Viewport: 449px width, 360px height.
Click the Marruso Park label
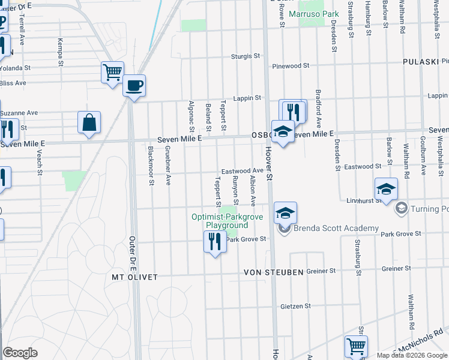pyautogui.click(x=314, y=13)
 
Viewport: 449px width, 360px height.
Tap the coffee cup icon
pyautogui.click(x=134, y=85)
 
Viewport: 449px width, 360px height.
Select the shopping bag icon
pyautogui.click(x=89, y=122)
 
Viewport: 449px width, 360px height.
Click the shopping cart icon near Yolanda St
pyautogui.click(x=112, y=73)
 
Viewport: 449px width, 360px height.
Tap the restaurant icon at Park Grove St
pyautogui.click(x=215, y=242)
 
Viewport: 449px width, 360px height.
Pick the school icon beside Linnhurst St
pyautogui.click(x=386, y=190)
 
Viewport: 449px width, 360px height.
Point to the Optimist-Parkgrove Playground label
pyautogui.click(x=219, y=221)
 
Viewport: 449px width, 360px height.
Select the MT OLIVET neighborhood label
pyautogui.click(x=134, y=277)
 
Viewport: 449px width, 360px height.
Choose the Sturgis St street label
pyautogui.click(x=246, y=56)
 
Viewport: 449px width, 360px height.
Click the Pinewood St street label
pyautogui.click(x=290, y=65)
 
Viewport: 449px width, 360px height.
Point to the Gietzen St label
pyautogui.click(x=295, y=306)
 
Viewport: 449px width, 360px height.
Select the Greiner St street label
pyautogui.click(x=321, y=271)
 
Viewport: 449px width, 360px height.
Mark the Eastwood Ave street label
pyautogui.click(x=242, y=172)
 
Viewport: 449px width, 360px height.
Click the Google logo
pyautogui.click(x=20, y=353)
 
